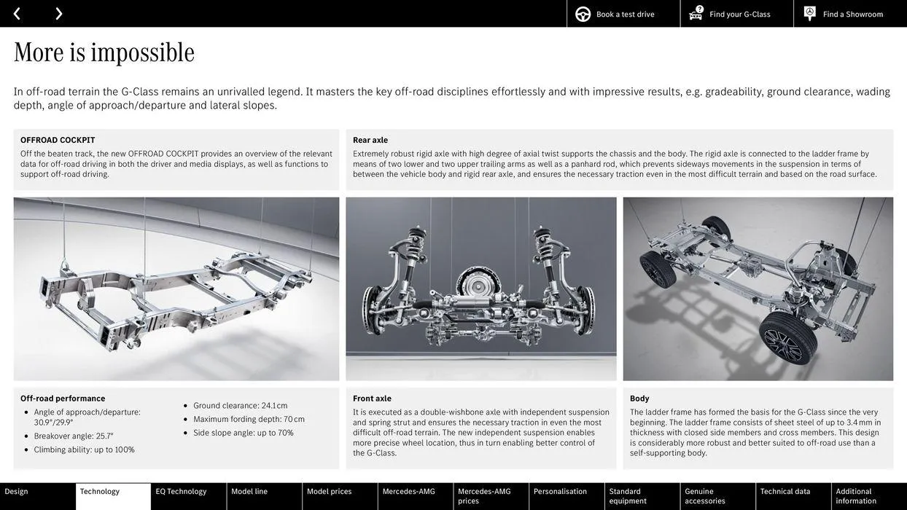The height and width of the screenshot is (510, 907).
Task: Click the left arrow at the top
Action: (17, 13)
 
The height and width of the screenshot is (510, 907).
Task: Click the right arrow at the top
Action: (58, 13)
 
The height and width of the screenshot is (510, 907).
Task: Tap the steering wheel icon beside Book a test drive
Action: (583, 14)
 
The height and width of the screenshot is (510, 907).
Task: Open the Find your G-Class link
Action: (739, 14)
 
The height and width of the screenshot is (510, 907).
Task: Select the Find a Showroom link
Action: (852, 14)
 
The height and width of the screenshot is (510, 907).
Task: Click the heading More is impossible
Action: (104, 52)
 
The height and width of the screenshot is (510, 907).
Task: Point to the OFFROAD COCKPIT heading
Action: (58, 140)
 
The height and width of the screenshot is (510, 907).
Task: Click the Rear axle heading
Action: (370, 140)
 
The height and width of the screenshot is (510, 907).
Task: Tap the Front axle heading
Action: (372, 399)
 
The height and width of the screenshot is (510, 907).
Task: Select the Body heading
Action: (639, 399)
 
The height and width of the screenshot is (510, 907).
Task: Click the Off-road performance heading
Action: (63, 399)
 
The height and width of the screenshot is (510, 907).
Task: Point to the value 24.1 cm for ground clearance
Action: (274, 406)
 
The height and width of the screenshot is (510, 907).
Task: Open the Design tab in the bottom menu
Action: (17, 492)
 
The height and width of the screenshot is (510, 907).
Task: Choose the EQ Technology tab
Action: (181, 492)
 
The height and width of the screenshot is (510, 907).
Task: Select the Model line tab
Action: (249, 492)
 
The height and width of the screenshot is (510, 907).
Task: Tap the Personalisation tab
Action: (560, 492)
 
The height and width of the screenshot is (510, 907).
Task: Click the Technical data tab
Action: (785, 492)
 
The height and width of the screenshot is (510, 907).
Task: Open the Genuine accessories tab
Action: (705, 496)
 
